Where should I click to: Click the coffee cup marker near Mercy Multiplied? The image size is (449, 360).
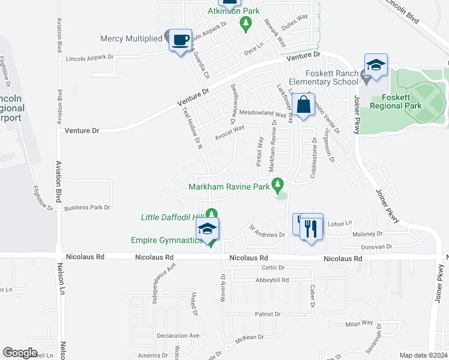(x=180, y=40)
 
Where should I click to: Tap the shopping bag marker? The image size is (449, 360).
(x=305, y=105)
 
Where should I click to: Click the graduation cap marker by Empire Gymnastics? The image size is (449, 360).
(x=207, y=229)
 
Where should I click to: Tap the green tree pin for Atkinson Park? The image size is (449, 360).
(x=245, y=23)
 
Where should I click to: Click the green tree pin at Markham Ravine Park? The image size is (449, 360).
(x=278, y=185)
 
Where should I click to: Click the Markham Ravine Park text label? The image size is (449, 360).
(x=229, y=187)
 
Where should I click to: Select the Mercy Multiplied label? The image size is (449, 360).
(x=131, y=38)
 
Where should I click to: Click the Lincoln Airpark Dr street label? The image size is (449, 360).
(x=90, y=59)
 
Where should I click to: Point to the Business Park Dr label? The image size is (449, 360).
(x=87, y=208)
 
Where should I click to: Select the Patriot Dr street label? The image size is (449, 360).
(x=268, y=314)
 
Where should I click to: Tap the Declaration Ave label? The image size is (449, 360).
(x=178, y=335)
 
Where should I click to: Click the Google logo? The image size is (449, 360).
(x=20, y=353)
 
